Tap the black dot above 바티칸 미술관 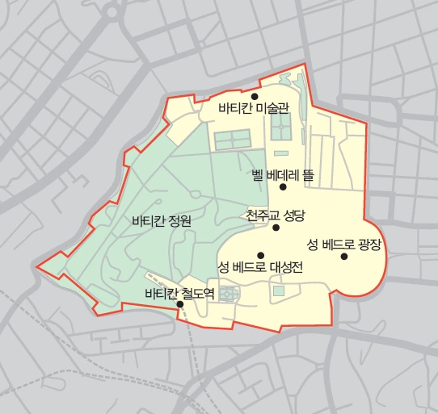click(x=254, y=96)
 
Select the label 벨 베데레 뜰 click(x=282, y=174)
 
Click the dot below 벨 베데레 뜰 click(x=283, y=186)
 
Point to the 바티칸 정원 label click(x=162, y=221)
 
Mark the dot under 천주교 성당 click(x=276, y=228)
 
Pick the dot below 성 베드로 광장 click(x=344, y=257)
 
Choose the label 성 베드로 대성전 click(x=260, y=267)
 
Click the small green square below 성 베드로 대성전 click(x=279, y=291)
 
